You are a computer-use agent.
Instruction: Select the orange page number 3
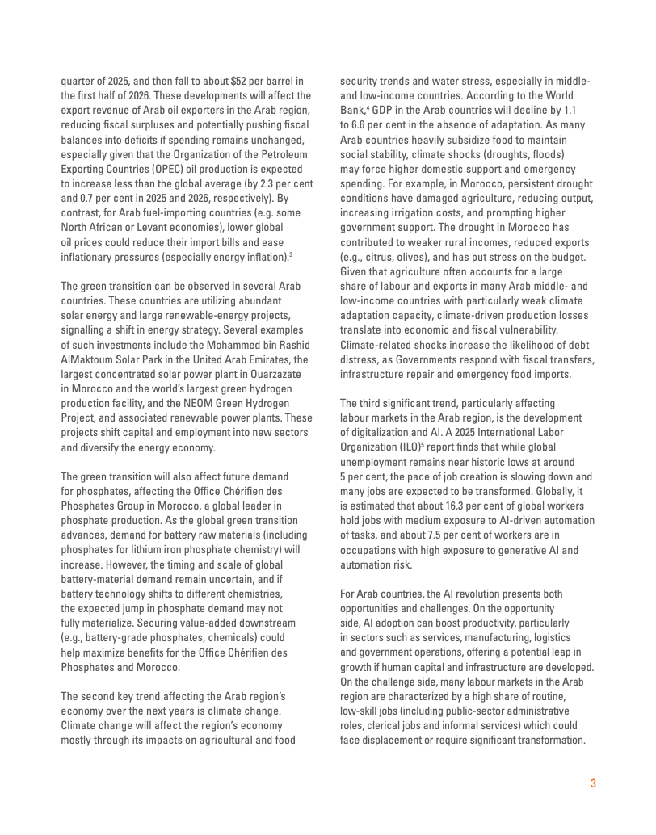[593, 783]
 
